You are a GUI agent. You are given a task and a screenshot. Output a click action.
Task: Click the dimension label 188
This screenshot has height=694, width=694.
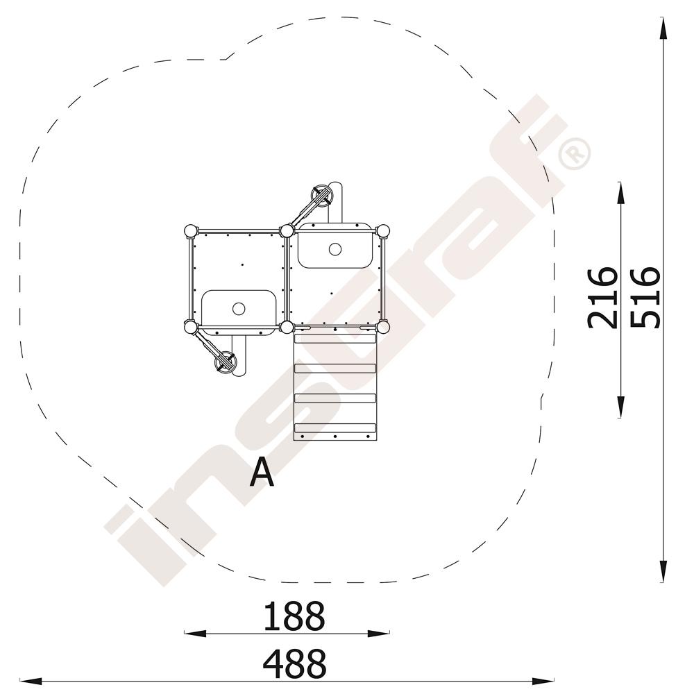pyautogui.click(x=294, y=616)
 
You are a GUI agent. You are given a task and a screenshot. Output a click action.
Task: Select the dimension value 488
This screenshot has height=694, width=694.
pyautogui.click(x=294, y=664)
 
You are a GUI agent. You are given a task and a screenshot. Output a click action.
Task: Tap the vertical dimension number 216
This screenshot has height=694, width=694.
pyautogui.click(x=602, y=298)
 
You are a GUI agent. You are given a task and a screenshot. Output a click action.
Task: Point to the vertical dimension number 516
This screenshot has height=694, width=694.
pyautogui.click(x=645, y=298)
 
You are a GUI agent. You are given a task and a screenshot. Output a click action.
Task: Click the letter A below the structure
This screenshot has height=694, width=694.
pyautogui.click(x=262, y=472)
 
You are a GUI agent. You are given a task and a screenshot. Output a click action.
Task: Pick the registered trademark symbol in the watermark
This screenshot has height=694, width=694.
pyautogui.click(x=575, y=155)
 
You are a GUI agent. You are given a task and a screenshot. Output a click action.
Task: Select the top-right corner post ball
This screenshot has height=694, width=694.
pyautogui.click(x=383, y=231)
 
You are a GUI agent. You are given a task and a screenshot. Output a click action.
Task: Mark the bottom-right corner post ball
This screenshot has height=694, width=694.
pyautogui.click(x=383, y=328)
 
